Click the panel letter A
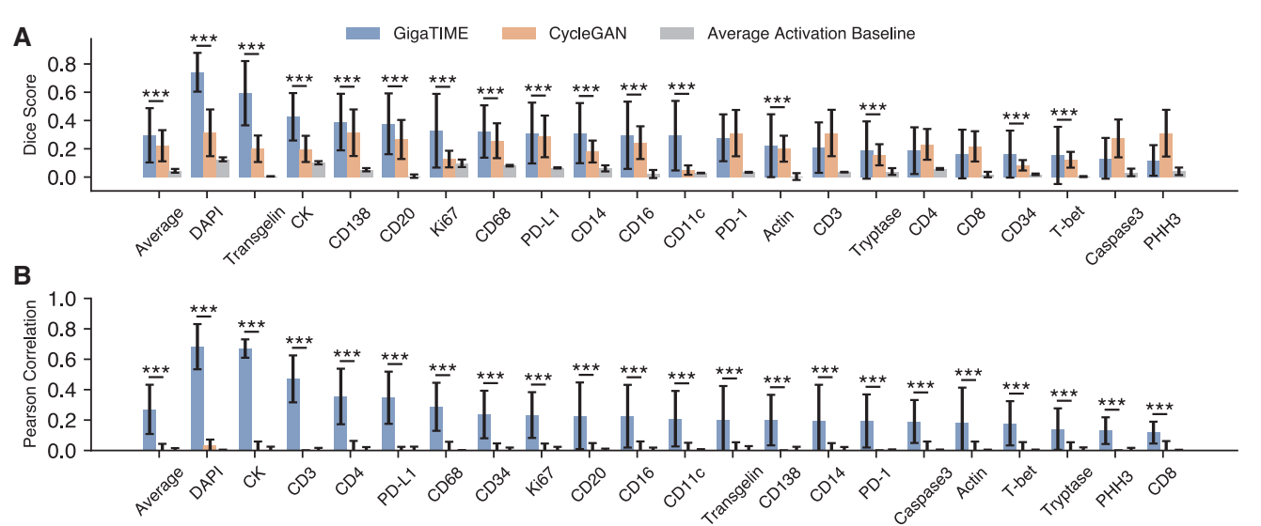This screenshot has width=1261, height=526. point(21,39)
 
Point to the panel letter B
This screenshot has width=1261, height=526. point(21,276)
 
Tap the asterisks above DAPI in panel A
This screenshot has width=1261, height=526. point(203,40)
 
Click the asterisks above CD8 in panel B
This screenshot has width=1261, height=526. point(1160,408)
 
